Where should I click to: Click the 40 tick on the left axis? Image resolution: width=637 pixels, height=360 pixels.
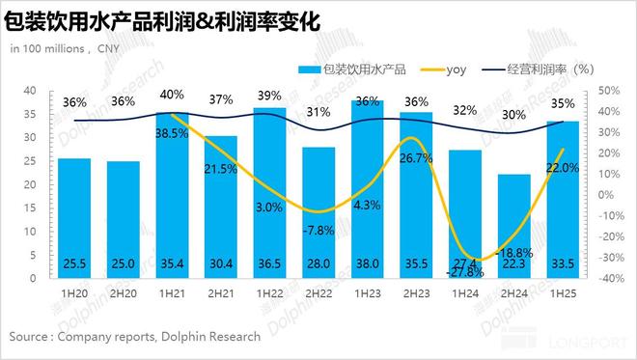tap(30, 90)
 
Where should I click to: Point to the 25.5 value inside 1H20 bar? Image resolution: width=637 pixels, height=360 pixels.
tap(74, 263)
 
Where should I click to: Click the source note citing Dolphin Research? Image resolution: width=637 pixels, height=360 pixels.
tap(135, 337)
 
